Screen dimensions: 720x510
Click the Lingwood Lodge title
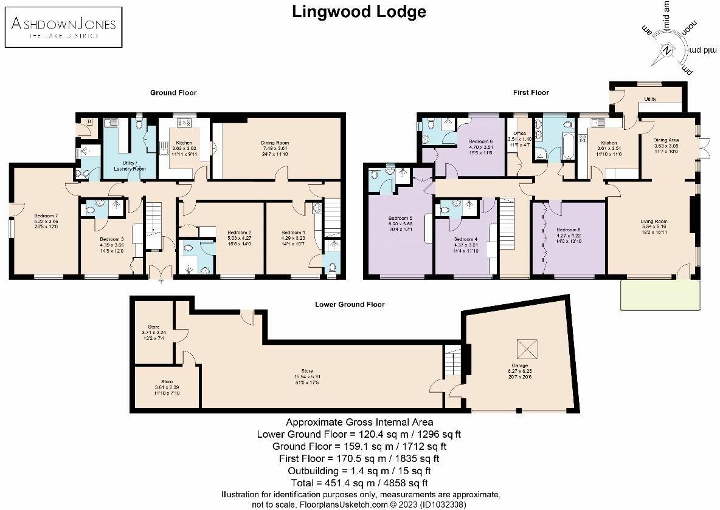coord(359,12)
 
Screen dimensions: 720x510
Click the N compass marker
coord(668,50)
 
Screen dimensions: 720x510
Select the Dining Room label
coord(273,143)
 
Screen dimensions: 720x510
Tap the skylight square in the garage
coord(524,348)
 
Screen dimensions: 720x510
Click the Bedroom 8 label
coord(568,229)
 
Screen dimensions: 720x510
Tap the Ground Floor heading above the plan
coord(173,93)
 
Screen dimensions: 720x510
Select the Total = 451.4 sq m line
coord(359,483)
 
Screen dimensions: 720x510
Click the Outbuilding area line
coord(359,471)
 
